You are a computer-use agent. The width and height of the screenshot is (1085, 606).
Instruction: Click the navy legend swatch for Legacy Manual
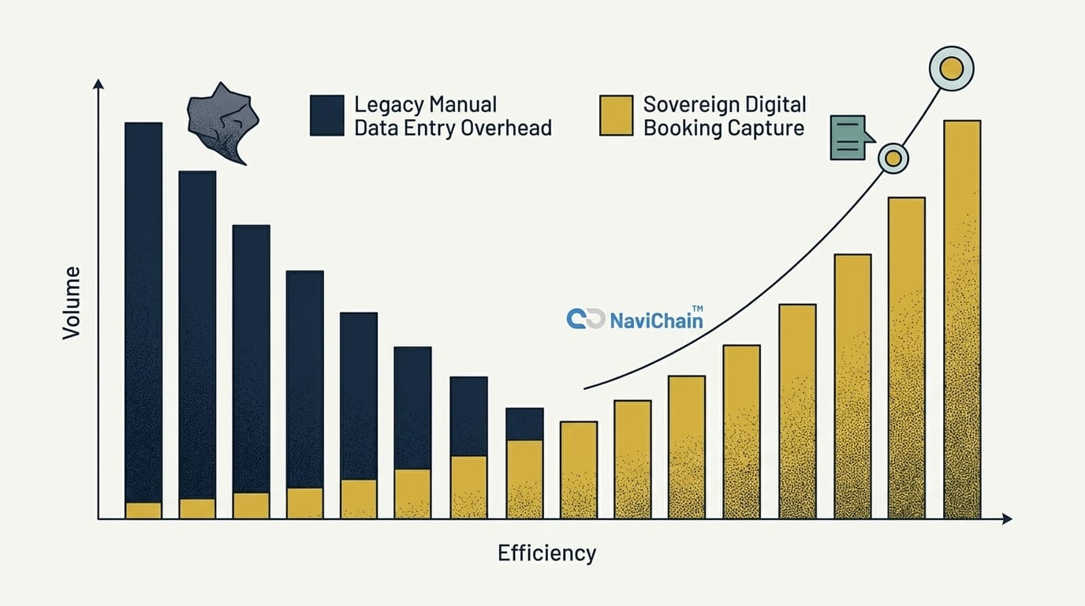[326, 115]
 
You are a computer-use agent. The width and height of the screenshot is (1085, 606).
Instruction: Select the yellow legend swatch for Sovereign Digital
[616, 115]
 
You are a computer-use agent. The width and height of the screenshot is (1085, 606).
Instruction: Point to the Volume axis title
[72, 303]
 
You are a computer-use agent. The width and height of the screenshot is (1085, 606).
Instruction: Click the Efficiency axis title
[546, 553]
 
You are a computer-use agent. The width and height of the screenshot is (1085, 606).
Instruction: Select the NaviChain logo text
[656, 320]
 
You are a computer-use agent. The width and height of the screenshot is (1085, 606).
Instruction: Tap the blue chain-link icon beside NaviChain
[585, 319]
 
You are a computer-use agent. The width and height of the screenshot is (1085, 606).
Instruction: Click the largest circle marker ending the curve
[952, 69]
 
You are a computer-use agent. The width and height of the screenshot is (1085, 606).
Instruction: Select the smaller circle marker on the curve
[893, 159]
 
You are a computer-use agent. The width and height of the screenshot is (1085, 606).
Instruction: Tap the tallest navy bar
[144, 312]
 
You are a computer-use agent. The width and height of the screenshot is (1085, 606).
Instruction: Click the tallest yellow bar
[962, 319]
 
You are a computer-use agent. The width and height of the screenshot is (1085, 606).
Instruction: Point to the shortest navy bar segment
[524, 424]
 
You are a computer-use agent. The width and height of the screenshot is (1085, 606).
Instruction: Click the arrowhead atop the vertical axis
[98, 84]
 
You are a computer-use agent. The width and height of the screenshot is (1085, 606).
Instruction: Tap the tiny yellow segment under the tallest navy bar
[144, 511]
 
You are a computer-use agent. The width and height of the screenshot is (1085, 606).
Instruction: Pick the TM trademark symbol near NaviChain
[698, 309]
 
